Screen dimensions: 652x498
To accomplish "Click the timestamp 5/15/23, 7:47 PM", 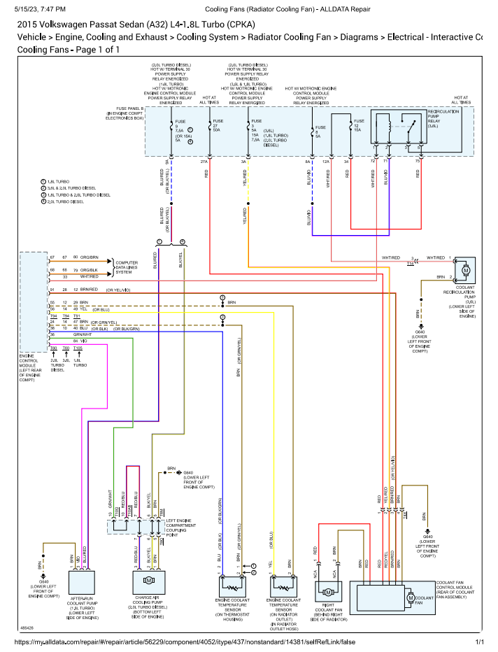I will (41, 9).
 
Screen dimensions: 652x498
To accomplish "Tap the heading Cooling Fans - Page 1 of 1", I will (69, 50).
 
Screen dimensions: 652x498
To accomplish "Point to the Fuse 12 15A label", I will (358, 126).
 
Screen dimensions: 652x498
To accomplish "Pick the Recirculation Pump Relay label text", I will (443, 118).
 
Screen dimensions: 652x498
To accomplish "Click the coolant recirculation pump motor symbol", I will (465, 269).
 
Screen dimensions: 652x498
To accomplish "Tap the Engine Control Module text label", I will (31, 368).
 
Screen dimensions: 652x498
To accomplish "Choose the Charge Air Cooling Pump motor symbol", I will (148, 581).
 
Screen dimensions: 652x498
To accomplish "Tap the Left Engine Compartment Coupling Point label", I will (184, 527).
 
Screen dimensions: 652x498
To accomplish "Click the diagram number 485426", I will (28, 628).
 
